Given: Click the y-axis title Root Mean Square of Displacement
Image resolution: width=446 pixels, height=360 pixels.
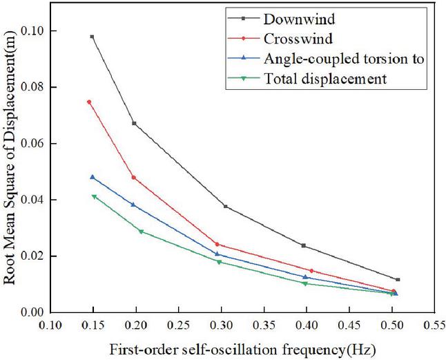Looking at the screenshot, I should (x=11, y=172).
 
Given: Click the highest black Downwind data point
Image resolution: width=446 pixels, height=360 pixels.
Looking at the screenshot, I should (x=92, y=37).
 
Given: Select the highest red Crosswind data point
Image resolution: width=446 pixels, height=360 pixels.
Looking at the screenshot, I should (x=89, y=102).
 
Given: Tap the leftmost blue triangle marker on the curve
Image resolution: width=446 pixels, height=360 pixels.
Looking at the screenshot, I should (x=93, y=177).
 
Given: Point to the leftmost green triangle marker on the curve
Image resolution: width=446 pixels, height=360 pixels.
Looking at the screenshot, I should (x=95, y=197).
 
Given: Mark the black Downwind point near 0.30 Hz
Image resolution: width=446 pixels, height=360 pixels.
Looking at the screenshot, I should (x=225, y=206).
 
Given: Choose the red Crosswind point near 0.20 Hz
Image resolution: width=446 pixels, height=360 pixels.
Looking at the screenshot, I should (x=133, y=178).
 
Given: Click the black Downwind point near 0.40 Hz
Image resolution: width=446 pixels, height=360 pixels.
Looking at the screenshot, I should (x=304, y=245).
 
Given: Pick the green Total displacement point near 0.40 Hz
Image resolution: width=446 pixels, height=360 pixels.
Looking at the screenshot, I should (x=304, y=283).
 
